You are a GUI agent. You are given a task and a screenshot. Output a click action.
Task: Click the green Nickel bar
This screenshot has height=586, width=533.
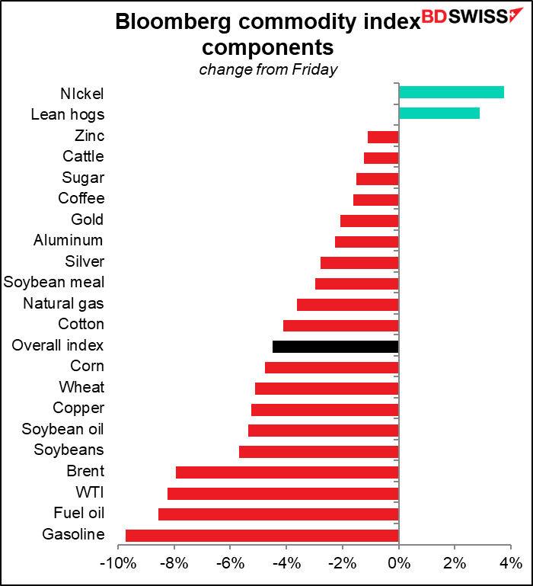(x=452, y=92)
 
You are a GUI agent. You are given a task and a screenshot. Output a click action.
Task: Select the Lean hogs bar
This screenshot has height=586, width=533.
(x=439, y=114)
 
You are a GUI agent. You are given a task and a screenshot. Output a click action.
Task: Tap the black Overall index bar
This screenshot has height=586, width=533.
(x=336, y=347)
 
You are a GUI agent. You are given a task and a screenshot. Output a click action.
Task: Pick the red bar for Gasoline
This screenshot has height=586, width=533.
(x=262, y=536)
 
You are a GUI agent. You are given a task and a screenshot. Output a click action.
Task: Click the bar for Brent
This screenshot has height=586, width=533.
(x=287, y=472)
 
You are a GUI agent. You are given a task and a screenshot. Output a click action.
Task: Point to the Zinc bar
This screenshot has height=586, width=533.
(x=383, y=137)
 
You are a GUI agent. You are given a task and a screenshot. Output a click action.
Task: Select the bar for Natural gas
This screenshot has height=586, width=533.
(x=348, y=305)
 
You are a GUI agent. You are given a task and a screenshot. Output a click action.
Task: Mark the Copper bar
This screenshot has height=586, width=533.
(x=325, y=410)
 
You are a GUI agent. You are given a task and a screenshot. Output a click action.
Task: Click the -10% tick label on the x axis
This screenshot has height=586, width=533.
(x=118, y=563)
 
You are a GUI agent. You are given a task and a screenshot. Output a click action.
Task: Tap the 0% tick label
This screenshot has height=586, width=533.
(x=399, y=563)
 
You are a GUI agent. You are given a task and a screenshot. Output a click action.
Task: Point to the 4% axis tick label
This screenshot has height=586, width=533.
(x=511, y=563)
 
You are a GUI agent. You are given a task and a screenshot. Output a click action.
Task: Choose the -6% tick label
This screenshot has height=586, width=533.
(x=230, y=563)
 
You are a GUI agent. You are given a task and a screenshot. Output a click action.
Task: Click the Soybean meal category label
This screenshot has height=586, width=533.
(x=54, y=282)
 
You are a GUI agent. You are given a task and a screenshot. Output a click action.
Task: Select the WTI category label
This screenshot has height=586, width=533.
(x=90, y=492)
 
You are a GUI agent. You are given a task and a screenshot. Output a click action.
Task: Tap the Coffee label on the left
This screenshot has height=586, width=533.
(x=81, y=198)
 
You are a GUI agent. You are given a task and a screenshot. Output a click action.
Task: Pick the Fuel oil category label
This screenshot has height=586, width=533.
(x=79, y=513)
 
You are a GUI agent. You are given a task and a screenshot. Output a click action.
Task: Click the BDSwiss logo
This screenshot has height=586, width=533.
(x=472, y=16)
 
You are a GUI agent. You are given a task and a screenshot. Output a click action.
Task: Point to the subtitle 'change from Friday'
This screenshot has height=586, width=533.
(x=268, y=69)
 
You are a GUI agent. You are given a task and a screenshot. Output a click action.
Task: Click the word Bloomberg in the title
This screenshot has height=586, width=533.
(x=173, y=22)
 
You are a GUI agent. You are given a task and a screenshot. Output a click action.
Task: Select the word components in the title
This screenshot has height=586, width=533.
(x=268, y=47)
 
